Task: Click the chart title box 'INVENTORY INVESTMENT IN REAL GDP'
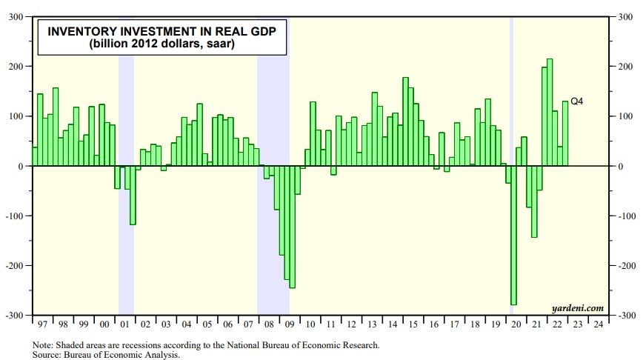(x=147, y=32)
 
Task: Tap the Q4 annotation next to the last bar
(x=576, y=101)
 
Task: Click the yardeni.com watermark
(x=578, y=307)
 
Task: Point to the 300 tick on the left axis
(x=16, y=16)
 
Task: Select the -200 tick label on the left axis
(x=15, y=266)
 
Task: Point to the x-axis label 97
(x=41, y=324)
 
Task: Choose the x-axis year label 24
(x=597, y=324)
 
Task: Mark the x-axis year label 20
(x=516, y=324)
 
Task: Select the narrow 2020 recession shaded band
(x=511, y=89)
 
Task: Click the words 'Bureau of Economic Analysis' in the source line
(x=121, y=355)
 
